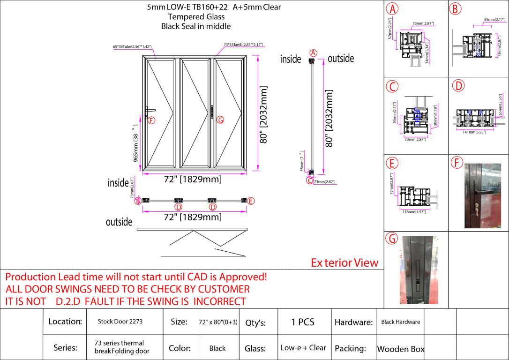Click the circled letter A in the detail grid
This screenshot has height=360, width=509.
coord(392,9)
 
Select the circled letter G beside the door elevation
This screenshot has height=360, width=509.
coord(220,120)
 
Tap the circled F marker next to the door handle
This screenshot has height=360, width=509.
coord(151,120)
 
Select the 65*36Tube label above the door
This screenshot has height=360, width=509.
coord(132,46)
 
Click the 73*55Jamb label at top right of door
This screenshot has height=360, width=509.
coord(243,45)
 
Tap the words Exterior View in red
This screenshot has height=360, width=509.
coord(344,262)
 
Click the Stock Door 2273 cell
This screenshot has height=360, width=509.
coord(120,322)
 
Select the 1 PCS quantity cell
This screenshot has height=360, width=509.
coord(303,322)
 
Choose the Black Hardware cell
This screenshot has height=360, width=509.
coord(401,322)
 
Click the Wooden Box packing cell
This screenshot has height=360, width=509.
coord(401,349)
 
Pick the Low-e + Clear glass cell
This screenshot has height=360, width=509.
coord(303,348)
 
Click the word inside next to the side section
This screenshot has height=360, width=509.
coord(291,59)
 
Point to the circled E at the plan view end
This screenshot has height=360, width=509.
coord(251,201)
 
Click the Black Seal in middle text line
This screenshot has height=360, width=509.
coord(196,26)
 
